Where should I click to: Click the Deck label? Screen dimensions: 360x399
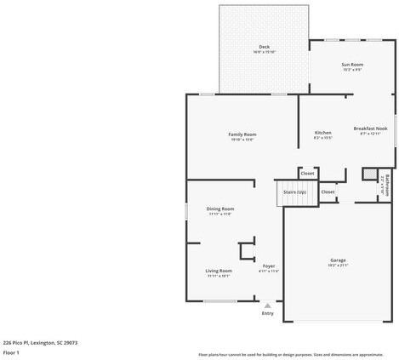pyautogui.click(x=265, y=47)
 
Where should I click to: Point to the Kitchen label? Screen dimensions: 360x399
pyautogui.click(x=323, y=133)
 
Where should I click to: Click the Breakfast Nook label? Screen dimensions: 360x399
pyautogui.click(x=370, y=129)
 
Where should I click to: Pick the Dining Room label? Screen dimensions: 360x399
pyautogui.click(x=220, y=209)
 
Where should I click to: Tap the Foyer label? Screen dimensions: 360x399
pyautogui.click(x=269, y=266)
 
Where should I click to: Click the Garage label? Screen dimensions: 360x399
pyautogui.click(x=339, y=260)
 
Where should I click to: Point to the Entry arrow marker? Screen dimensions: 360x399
pyautogui.click(x=268, y=305)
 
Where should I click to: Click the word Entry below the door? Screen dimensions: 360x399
pyautogui.click(x=268, y=313)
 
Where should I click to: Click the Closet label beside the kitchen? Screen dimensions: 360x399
pyautogui.click(x=307, y=174)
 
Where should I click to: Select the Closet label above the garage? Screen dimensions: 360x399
pyautogui.click(x=328, y=191)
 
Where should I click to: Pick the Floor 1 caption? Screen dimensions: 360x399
pyautogui.click(x=11, y=351)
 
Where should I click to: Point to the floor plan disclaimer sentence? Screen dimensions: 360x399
pyautogui.click(x=290, y=354)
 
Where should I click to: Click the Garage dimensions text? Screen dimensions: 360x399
pyautogui.click(x=339, y=265)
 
